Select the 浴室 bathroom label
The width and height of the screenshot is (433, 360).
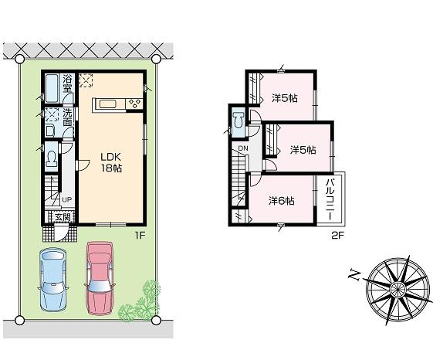(x=68, y=83)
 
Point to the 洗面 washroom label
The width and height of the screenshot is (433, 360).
(x=68, y=117)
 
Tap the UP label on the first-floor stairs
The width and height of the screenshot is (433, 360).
(x=67, y=200)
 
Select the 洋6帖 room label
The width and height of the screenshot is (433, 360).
(x=281, y=201)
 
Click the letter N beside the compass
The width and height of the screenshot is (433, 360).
(x=352, y=275)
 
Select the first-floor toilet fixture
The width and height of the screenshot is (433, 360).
(x=51, y=160)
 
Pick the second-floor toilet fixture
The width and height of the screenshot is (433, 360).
(x=238, y=121)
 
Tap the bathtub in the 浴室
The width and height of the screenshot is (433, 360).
(x=51, y=88)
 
